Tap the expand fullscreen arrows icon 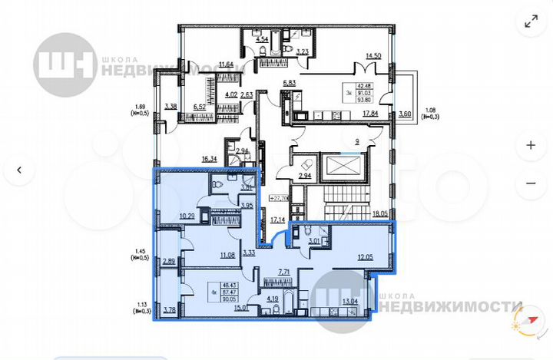click(x=530, y=22)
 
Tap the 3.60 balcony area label click(x=405, y=115)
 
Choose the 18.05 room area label click(x=381, y=216)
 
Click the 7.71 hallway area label click(x=284, y=272)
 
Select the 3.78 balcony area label click(x=170, y=311)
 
